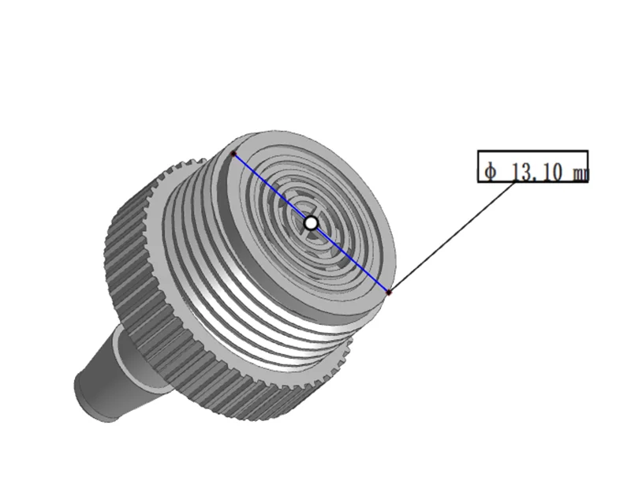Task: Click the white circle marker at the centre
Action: tap(311, 223)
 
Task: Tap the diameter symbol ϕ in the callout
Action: tap(491, 171)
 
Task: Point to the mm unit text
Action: tap(579, 173)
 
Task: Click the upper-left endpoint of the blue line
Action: tap(233, 153)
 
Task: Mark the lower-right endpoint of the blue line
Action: tap(388, 293)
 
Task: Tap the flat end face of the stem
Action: tap(88, 398)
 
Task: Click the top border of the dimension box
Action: tap(532, 151)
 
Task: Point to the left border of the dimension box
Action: tap(479, 166)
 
